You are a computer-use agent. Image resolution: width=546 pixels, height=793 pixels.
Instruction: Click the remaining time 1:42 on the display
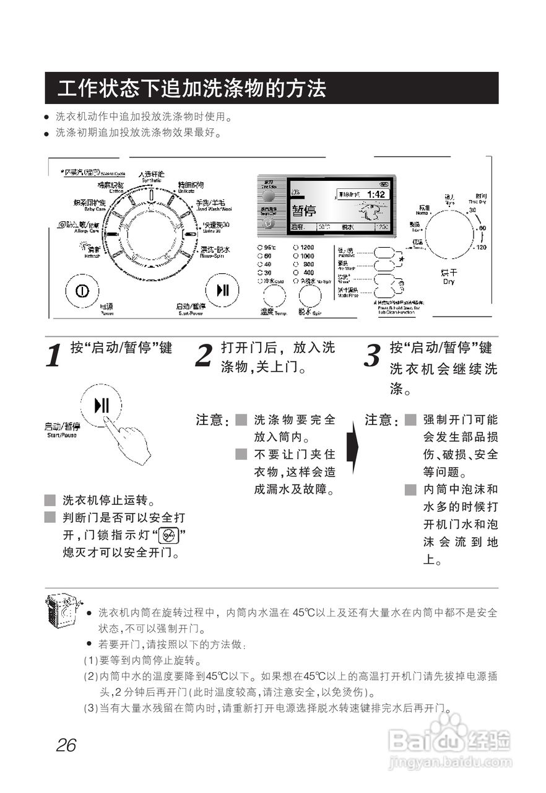click(375, 195)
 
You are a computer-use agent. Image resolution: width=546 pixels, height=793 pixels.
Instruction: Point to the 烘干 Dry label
click(449, 276)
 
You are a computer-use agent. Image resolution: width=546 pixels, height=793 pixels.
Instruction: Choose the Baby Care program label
click(90, 204)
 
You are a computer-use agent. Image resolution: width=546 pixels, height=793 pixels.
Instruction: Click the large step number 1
click(54, 356)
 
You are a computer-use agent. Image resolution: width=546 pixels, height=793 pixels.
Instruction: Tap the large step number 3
click(371, 356)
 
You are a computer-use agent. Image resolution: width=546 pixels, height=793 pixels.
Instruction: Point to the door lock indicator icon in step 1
click(168, 535)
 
